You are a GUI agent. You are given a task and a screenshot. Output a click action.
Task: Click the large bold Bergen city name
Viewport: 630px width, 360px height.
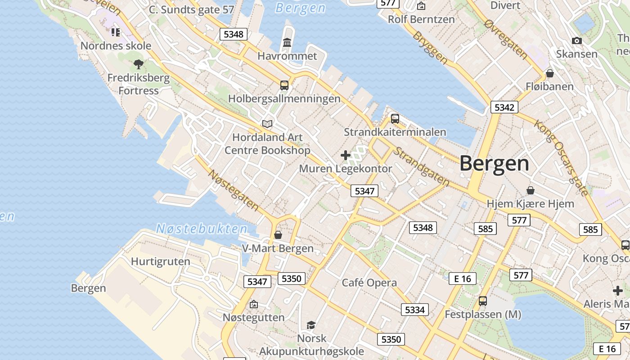(494, 163)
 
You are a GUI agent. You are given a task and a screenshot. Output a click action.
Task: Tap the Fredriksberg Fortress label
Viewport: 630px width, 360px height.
(139, 84)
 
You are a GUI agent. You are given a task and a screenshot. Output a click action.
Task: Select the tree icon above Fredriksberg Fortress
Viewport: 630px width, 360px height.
(139, 64)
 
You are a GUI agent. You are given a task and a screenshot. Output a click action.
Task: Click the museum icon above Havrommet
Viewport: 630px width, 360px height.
(287, 43)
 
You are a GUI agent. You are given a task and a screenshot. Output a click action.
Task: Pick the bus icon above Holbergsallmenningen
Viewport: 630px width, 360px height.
(284, 85)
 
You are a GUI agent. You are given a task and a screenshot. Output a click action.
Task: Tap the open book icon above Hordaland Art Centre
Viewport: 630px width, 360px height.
(267, 124)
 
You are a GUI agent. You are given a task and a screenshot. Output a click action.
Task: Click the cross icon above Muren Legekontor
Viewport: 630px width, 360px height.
(346, 155)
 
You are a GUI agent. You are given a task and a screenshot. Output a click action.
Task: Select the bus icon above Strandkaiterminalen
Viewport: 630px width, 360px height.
(395, 119)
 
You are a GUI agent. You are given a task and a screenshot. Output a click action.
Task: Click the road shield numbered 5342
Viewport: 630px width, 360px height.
(504, 107)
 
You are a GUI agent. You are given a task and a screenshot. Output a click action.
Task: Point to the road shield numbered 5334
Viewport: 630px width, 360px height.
(414, 310)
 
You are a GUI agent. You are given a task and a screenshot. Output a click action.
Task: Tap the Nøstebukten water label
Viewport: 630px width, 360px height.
(202, 229)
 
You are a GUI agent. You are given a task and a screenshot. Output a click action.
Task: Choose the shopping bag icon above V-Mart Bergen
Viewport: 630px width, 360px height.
(278, 235)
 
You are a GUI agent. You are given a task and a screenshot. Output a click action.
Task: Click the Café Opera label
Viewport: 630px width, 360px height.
(369, 283)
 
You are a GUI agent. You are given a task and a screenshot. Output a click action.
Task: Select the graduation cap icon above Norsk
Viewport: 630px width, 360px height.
(311, 325)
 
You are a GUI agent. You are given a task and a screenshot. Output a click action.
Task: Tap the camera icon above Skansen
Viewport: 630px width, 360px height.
(576, 41)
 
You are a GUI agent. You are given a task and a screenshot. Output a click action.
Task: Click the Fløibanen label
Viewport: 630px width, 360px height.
(549, 86)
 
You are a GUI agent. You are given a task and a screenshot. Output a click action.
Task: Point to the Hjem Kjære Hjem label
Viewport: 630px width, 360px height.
(530, 203)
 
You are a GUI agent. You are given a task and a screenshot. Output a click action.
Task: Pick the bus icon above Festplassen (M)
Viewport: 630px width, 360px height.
(483, 301)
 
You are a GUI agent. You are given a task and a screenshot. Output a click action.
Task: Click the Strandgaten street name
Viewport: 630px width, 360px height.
(421, 166)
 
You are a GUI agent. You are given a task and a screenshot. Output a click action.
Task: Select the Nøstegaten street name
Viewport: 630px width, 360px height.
(233, 190)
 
